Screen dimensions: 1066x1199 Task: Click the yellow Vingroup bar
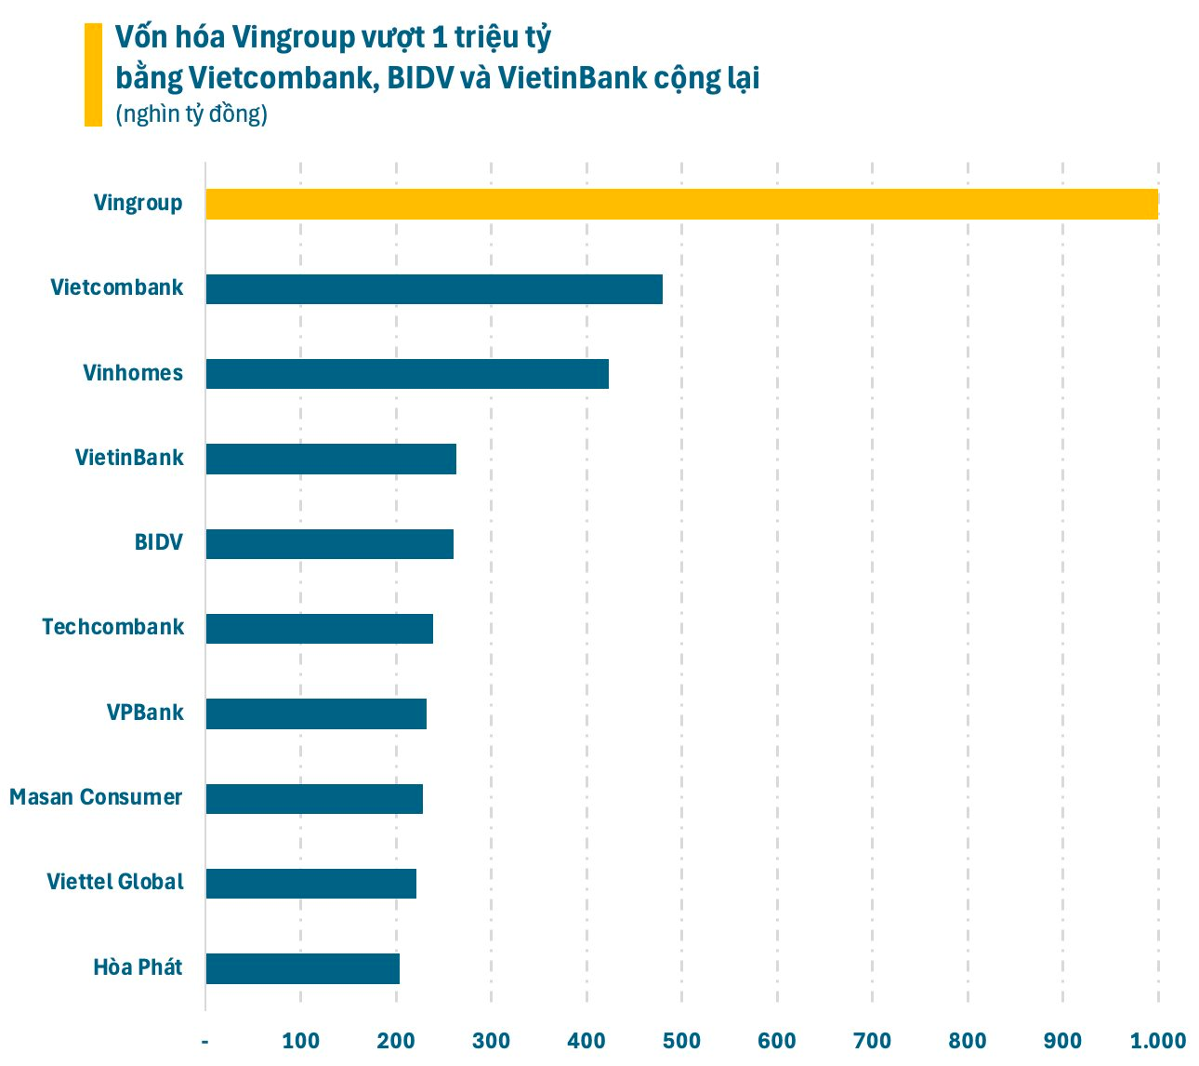pos(681,204)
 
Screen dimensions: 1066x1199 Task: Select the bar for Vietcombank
pos(434,289)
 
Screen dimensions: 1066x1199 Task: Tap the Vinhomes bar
pos(407,374)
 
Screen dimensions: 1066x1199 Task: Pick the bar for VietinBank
pos(331,459)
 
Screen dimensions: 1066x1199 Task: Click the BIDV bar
pos(329,544)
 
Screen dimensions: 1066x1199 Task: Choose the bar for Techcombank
pos(319,629)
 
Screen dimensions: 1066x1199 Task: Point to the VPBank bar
pos(316,713)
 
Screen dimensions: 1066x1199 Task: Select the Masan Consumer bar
pos(314,799)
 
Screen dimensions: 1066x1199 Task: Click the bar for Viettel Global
pos(310,884)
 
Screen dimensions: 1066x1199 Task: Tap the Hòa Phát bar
pos(302,968)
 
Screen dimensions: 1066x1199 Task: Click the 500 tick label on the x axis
pos(681,1041)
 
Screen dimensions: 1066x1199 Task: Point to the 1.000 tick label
pos(1157,1041)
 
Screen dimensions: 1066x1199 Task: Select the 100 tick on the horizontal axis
pos(300,1041)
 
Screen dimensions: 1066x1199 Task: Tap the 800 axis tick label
pos(968,1041)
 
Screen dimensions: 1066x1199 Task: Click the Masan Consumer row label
pos(96,797)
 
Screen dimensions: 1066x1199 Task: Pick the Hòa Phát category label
pos(138,967)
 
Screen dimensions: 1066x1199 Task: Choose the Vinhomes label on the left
pos(133,373)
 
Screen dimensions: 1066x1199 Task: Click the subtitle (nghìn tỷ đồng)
pos(191,113)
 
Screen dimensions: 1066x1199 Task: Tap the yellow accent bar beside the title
pos(93,74)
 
